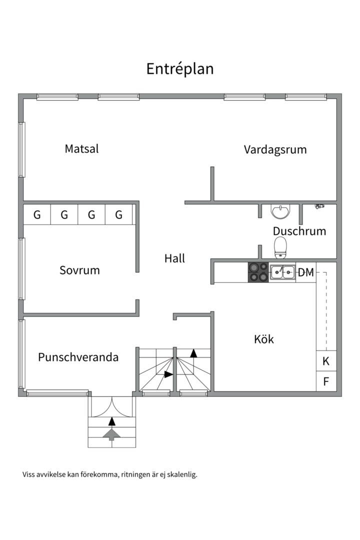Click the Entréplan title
180,69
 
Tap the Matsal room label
81,149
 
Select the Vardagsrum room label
275,149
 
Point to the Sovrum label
79,270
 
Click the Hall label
174,258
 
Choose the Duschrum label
299,231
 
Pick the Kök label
264,339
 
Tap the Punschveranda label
78,357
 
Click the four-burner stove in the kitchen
258,272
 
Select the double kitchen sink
282,272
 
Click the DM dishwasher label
306,273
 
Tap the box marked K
326,361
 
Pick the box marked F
326,382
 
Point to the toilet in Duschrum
281,246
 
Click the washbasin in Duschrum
280,211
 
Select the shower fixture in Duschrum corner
319,205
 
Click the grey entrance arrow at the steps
111,435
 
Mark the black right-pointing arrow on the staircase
168,374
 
